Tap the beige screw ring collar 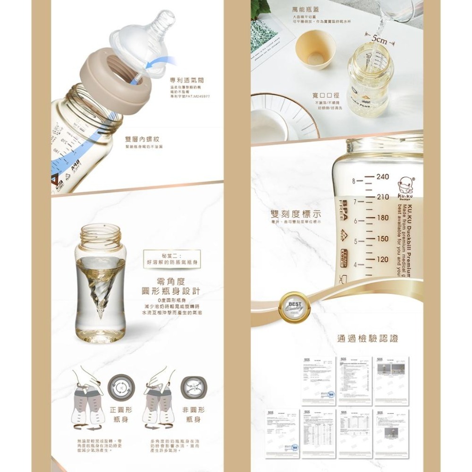pos(120,87)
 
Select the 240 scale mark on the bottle pos(382,177)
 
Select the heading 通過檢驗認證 pos(368,338)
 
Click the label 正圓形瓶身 pos(120,414)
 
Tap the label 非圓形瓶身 pos(193,414)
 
